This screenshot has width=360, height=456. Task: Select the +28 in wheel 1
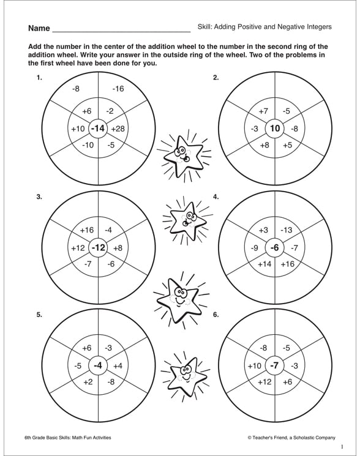tap(118, 129)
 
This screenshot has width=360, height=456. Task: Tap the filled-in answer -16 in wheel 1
tap(118, 89)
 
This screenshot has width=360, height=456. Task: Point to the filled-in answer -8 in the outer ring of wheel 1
tap(76, 89)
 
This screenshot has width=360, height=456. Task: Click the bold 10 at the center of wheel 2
tap(275, 129)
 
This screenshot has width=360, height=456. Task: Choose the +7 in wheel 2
tap(263, 111)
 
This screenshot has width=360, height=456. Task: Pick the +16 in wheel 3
tap(87, 230)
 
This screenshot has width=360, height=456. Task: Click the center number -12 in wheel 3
tap(98, 248)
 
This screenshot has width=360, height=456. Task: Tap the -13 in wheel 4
tap(286, 230)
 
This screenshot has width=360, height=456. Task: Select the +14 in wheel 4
tap(264, 264)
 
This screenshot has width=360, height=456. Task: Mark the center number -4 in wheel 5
tap(98, 366)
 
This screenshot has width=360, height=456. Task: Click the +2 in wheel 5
tap(87, 382)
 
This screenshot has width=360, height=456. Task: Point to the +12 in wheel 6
tap(264, 382)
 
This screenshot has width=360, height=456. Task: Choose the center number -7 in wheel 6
tap(275, 366)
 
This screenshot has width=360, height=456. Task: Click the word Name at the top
tap(38, 28)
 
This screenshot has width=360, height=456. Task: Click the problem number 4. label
tap(216, 196)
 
